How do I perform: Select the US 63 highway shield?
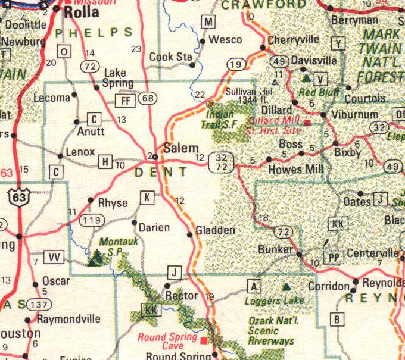click(x=19, y=198)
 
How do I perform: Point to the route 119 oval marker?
click(x=91, y=221)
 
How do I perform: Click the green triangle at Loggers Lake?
click(x=287, y=287)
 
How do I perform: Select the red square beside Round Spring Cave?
click(x=204, y=340)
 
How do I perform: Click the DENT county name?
click(x=161, y=172)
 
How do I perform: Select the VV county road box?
click(x=55, y=257)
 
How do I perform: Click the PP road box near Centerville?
click(x=334, y=257)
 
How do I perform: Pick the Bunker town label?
click(x=276, y=249)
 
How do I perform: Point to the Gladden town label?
click(x=215, y=230)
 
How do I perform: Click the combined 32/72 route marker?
click(x=222, y=162)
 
